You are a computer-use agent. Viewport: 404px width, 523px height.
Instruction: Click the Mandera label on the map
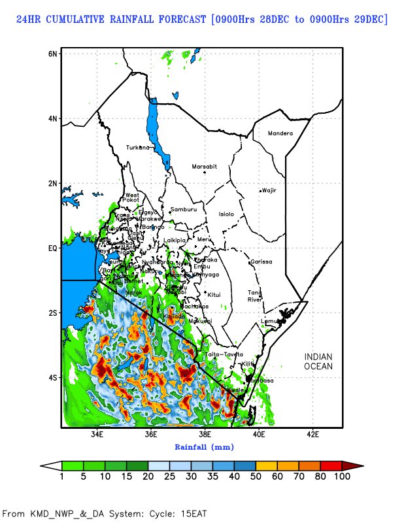[x=280, y=133]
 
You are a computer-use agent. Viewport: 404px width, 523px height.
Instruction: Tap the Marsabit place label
[x=204, y=167]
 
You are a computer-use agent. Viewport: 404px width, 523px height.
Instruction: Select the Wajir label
[x=269, y=190]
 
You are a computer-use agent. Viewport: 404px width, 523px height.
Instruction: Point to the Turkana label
[x=139, y=147]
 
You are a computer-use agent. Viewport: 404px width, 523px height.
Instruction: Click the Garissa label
[x=261, y=261]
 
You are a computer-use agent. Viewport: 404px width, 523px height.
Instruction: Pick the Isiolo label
[x=226, y=214]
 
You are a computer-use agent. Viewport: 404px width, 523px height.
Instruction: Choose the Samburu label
[x=183, y=209]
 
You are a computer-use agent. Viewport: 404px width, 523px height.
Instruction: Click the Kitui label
[x=214, y=294]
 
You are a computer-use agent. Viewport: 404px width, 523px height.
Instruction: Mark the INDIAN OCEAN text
[x=318, y=362]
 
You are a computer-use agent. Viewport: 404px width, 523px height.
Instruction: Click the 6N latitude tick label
[x=53, y=53]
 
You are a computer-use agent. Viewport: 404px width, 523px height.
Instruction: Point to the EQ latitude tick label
[x=52, y=248]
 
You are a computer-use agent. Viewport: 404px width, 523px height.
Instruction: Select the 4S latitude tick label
[x=53, y=377]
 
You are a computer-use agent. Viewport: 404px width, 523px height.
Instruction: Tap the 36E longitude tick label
[x=151, y=434]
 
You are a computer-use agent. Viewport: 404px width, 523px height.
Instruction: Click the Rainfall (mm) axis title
[x=204, y=447]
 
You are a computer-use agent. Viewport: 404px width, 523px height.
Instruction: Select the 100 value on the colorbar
[x=343, y=477]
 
